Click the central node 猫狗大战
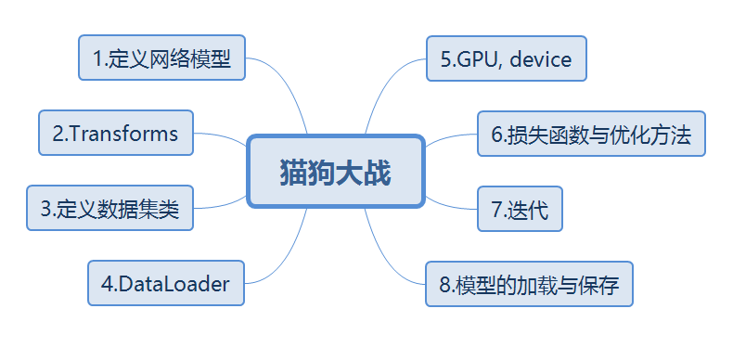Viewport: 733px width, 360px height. coord(336,173)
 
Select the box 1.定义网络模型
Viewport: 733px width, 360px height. coord(161,59)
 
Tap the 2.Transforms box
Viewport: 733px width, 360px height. coord(116,133)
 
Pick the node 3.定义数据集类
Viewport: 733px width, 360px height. coord(109,208)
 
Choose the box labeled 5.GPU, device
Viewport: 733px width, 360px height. coord(506,59)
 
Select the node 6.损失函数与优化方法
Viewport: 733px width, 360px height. coord(591,135)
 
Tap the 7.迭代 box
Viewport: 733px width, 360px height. coord(519,210)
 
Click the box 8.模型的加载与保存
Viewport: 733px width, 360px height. coord(529,285)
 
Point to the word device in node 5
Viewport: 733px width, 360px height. coord(541,59)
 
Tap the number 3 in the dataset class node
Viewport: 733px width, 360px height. coord(45,209)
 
